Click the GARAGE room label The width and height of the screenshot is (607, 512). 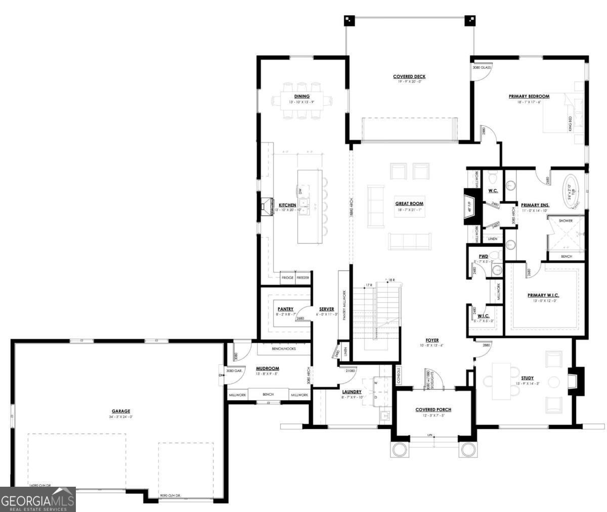point(121,411)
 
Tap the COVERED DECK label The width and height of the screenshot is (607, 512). point(409,77)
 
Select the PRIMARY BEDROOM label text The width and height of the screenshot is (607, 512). point(529,96)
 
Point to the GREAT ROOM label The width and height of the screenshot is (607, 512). point(409,204)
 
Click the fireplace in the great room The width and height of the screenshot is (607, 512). point(469,206)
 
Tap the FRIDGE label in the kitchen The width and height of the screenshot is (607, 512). point(287,278)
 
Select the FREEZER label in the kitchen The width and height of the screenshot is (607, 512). point(302,278)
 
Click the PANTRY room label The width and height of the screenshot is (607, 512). point(285,309)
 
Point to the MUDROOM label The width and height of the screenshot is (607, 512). point(268,368)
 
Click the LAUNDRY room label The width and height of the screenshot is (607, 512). point(351,392)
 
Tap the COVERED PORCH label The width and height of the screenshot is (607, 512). point(433,409)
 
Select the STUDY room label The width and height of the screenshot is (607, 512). point(527,378)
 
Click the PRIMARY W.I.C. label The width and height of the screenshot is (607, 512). point(543,295)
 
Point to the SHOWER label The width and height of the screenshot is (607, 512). point(566,221)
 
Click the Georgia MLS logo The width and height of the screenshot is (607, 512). point(38,499)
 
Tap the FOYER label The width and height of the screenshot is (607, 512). point(431,340)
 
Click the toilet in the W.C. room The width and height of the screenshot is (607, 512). point(492,177)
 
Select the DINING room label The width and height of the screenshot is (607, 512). point(301,97)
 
